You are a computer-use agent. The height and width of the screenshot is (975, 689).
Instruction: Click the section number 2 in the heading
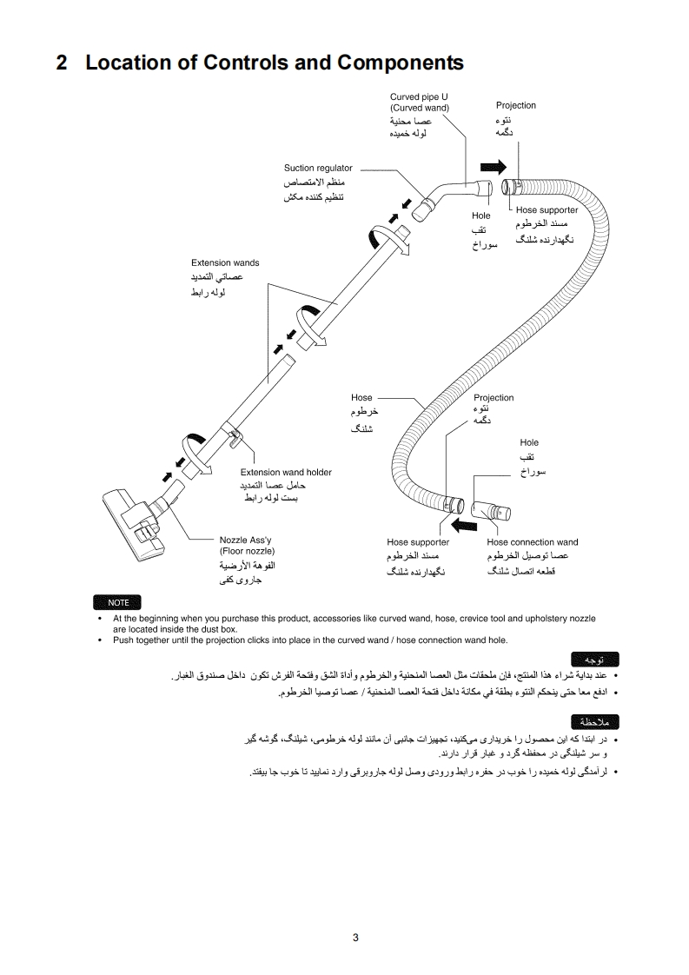click(62, 63)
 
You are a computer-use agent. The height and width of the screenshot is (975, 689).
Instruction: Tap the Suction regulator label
click(318, 168)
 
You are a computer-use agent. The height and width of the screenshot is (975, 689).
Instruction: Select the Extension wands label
click(225, 262)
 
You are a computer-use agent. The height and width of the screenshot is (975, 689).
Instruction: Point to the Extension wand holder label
click(286, 472)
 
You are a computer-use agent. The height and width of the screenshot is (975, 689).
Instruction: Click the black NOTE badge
click(118, 602)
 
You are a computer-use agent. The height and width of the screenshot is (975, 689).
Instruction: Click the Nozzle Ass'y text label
click(246, 540)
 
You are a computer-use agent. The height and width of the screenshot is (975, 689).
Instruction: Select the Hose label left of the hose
click(361, 397)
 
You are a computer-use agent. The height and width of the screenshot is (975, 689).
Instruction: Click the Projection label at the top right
click(516, 105)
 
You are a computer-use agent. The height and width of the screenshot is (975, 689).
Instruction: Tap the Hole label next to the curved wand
click(481, 215)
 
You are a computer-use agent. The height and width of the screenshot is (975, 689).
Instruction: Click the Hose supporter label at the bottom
click(418, 542)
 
